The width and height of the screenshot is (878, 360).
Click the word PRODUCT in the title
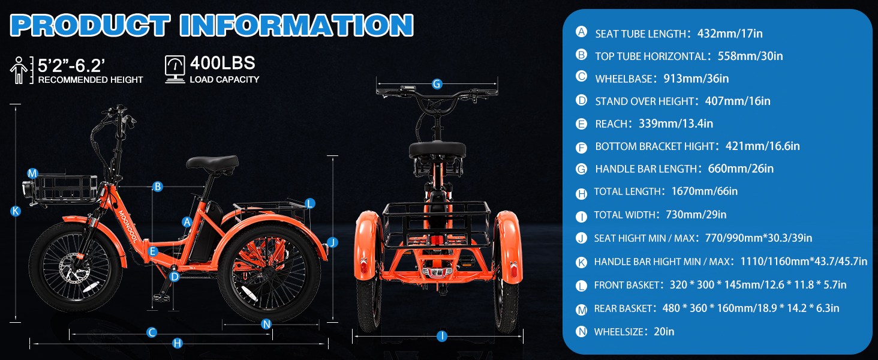pos(90,25)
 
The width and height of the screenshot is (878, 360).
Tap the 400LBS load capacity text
pos(222,63)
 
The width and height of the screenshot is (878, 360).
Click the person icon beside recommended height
pos(19,70)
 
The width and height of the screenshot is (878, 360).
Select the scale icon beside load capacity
pos(175,69)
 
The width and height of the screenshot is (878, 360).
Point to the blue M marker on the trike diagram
pos(32,173)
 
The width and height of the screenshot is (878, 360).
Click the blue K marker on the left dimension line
pos(15,211)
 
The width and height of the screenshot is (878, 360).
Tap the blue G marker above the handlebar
pos(437,84)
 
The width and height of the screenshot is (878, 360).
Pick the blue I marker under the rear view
pos(442,336)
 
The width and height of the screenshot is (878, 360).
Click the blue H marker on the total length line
pos(178,344)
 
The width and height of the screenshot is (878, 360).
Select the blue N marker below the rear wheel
pos(266,324)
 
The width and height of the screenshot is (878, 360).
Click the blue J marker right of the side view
pos(332,242)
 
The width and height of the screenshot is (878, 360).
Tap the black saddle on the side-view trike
pos(212,164)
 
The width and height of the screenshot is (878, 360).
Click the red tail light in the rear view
pos(437,239)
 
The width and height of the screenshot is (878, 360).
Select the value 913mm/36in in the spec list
pos(696,79)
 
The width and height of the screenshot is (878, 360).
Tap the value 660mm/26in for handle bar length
pos(741,169)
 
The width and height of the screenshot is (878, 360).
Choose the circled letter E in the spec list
pos(581,124)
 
